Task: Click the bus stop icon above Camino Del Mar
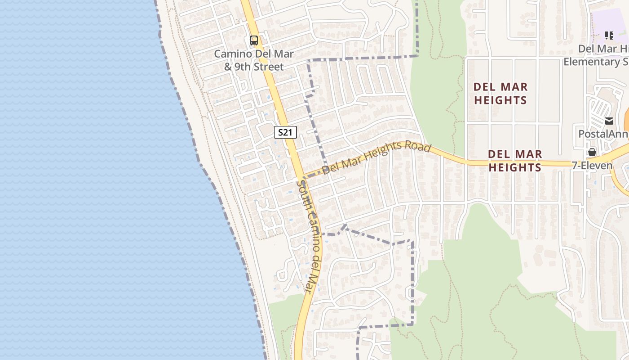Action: click(254, 40)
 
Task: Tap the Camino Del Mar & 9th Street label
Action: click(254, 60)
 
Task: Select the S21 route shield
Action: click(285, 132)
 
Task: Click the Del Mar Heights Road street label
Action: click(377, 158)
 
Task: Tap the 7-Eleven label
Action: click(592, 165)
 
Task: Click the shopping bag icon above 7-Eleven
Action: click(592, 152)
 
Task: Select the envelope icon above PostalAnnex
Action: click(609, 121)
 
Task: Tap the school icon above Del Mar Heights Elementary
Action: click(609, 36)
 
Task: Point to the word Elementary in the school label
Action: click(589, 61)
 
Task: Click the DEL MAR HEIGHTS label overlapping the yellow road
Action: click(514, 161)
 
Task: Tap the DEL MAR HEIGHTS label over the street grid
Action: click(501, 93)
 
